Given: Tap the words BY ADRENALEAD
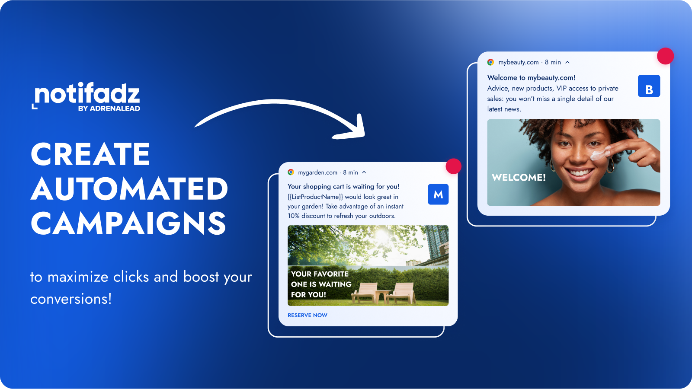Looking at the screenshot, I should click(109, 108).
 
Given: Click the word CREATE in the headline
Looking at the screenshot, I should click(90, 154).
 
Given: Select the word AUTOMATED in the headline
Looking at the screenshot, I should click(129, 189).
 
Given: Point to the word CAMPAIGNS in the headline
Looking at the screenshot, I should click(128, 223).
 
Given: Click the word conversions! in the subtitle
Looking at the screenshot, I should click(71, 299).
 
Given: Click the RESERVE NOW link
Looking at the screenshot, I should click(307, 315).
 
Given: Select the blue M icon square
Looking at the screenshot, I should click(438, 194).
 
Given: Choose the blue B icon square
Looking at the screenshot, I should click(649, 86).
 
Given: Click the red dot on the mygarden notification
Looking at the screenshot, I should click(453, 166).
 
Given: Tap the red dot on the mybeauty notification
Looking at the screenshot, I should click(665, 56).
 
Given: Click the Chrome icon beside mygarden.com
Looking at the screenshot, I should click(291, 172).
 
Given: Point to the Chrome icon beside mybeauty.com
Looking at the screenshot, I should click(490, 62).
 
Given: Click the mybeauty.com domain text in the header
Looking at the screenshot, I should click(519, 62).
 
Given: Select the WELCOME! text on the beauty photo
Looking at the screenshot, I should click(519, 177).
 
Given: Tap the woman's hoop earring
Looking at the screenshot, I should click(611, 166).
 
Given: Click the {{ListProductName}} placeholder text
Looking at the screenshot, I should click(315, 197).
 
